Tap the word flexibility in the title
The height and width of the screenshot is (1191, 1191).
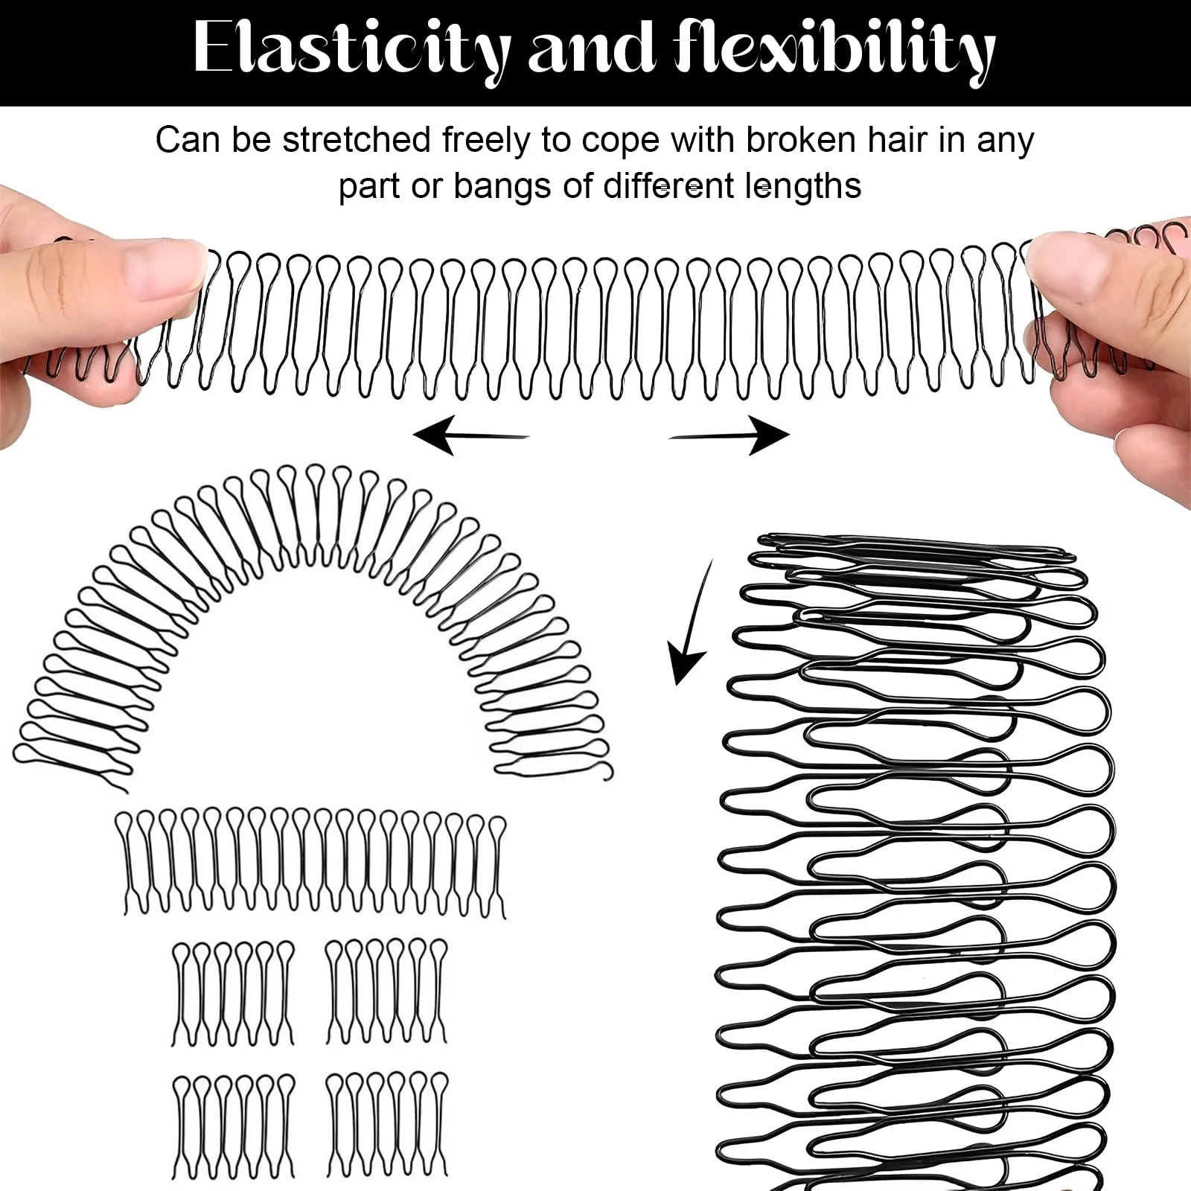pyautogui.click(x=834, y=48)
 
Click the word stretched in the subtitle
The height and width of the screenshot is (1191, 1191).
pyautogui.click(x=357, y=140)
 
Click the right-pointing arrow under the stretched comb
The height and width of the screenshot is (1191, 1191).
pyautogui.click(x=729, y=435)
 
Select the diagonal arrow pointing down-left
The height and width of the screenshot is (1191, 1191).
pyautogui.click(x=691, y=621)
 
